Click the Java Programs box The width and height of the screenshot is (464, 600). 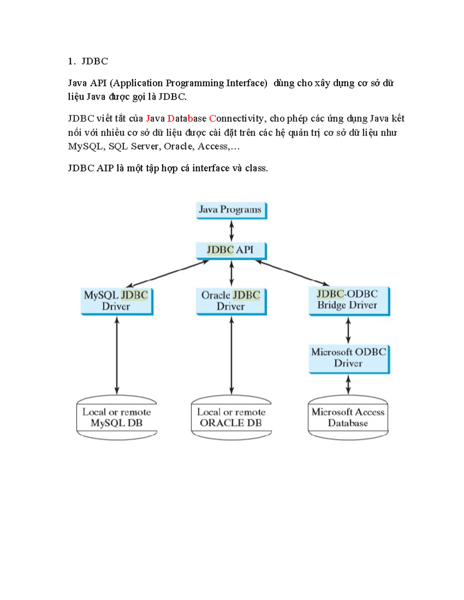coord(231,210)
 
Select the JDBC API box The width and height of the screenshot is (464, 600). coord(231,250)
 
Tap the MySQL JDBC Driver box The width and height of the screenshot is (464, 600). coord(117,301)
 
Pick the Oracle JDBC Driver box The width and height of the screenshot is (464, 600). coord(231,301)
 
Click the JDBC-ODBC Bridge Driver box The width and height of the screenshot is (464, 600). coord(349,300)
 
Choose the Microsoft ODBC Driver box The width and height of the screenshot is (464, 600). coord(349,358)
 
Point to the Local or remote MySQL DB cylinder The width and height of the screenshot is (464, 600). coord(117,418)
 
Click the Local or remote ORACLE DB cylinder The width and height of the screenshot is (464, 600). coord(231,418)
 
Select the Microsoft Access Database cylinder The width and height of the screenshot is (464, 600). coord(348,418)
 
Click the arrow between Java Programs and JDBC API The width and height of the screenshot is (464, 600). coord(232,231)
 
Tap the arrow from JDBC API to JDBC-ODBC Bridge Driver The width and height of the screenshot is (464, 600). coord(292,273)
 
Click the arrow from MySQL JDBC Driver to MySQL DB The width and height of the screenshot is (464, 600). coord(117,355)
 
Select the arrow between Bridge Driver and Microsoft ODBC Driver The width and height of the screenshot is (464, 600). coord(348,330)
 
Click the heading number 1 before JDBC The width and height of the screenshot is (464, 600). coord(71,61)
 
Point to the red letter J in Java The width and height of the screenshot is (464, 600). coord(148,119)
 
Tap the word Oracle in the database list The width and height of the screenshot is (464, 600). coord(178,146)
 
